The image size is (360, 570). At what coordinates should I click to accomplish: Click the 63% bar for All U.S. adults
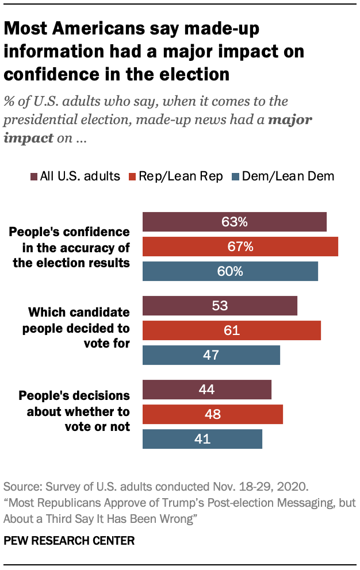coord(234,222)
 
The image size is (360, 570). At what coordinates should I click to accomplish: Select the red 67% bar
coord(240,247)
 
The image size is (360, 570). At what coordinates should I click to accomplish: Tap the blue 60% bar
coord(230,271)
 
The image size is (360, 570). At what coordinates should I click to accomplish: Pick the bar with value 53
coord(220,306)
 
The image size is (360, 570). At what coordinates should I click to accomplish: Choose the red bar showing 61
coord(231,330)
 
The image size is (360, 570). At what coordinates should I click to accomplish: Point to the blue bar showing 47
coord(211,355)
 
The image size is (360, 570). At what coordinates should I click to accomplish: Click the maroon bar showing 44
coord(206,390)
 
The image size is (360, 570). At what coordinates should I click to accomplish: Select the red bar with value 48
coord(212,414)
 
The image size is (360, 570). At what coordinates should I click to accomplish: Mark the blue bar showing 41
coord(202,439)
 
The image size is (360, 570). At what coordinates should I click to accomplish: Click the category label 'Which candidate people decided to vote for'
coord(79,328)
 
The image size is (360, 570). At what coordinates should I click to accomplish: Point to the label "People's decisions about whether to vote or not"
coord(74,411)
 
